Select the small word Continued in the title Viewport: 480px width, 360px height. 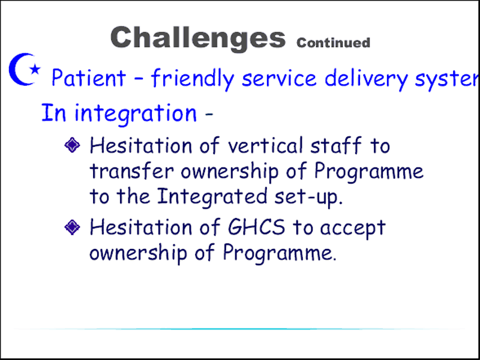click(333, 43)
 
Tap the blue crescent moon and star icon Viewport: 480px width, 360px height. click(24, 69)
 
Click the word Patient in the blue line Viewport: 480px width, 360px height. click(89, 77)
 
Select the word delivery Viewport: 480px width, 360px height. click(366, 79)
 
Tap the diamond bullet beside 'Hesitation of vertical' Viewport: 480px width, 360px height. click(72, 145)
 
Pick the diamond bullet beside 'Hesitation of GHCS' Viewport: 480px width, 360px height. click(72, 227)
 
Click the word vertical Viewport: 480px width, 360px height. click(265, 145)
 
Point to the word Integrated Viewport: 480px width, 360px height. click(212, 197)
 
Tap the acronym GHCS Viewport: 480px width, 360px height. click(257, 227)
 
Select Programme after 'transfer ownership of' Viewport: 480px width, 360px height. click(369, 172)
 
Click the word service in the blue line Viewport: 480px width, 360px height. click(279, 78)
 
